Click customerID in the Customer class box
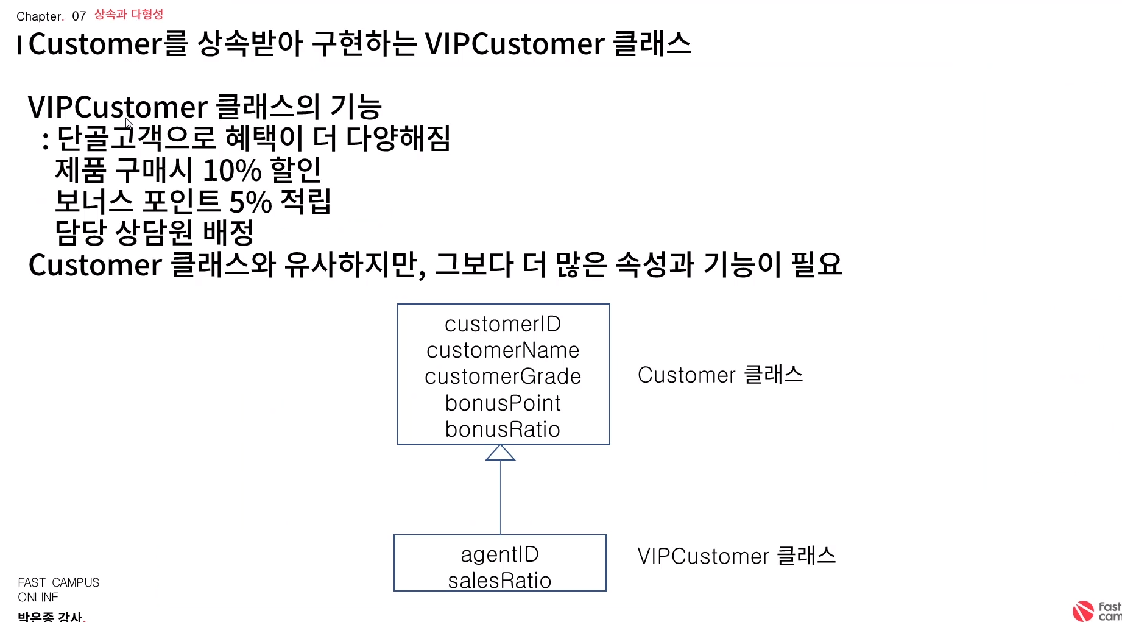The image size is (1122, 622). (x=503, y=324)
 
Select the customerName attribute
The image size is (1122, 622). (x=503, y=350)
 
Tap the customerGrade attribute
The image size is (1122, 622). (x=503, y=376)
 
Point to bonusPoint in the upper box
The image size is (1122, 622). (x=503, y=403)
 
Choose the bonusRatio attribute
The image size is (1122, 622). (x=503, y=429)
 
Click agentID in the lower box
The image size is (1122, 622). (x=499, y=554)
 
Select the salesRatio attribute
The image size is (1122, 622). (x=499, y=581)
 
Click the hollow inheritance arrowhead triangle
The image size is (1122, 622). (x=500, y=453)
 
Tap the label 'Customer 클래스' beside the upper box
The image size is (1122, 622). (x=720, y=375)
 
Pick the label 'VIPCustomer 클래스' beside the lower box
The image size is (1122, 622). (x=736, y=556)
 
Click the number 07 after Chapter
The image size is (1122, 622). (x=79, y=16)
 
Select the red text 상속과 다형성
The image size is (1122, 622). (x=129, y=14)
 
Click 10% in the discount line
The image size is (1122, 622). (x=231, y=171)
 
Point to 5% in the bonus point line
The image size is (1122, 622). (x=250, y=202)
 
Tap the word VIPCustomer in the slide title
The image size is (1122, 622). (x=514, y=44)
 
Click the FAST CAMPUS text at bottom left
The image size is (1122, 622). (x=58, y=582)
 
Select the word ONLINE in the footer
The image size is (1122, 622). (x=38, y=597)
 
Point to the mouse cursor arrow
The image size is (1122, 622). (x=128, y=122)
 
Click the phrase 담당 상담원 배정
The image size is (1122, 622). (x=154, y=232)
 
